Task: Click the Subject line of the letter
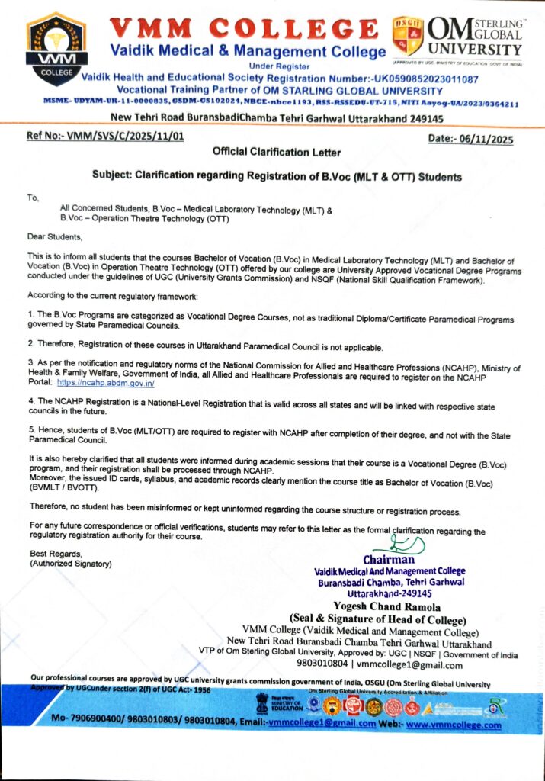tap(277, 176)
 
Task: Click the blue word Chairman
tap(389, 560)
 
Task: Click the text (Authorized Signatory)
tap(70, 564)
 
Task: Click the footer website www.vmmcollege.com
tap(454, 725)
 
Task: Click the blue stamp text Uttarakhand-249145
tap(390, 593)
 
